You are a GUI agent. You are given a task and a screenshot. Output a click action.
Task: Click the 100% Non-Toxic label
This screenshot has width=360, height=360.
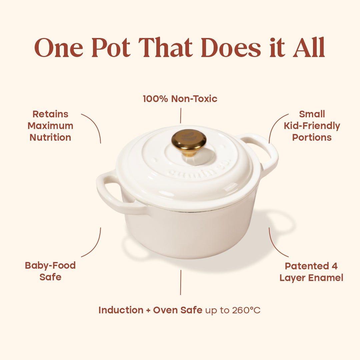[x=180, y=99]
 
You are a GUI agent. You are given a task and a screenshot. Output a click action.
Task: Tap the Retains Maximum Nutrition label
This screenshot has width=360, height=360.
[x=50, y=126]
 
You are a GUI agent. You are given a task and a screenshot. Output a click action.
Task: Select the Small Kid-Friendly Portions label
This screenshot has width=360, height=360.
[x=312, y=126]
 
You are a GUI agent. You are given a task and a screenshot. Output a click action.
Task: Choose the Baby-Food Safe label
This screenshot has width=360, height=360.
[x=50, y=271]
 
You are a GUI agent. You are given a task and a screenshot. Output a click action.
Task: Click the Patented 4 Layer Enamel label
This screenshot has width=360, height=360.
[x=311, y=272]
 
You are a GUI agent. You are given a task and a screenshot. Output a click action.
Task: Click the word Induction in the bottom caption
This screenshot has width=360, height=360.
[x=121, y=310]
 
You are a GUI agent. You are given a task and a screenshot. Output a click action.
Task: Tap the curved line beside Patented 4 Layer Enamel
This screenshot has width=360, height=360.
[x=274, y=245]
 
